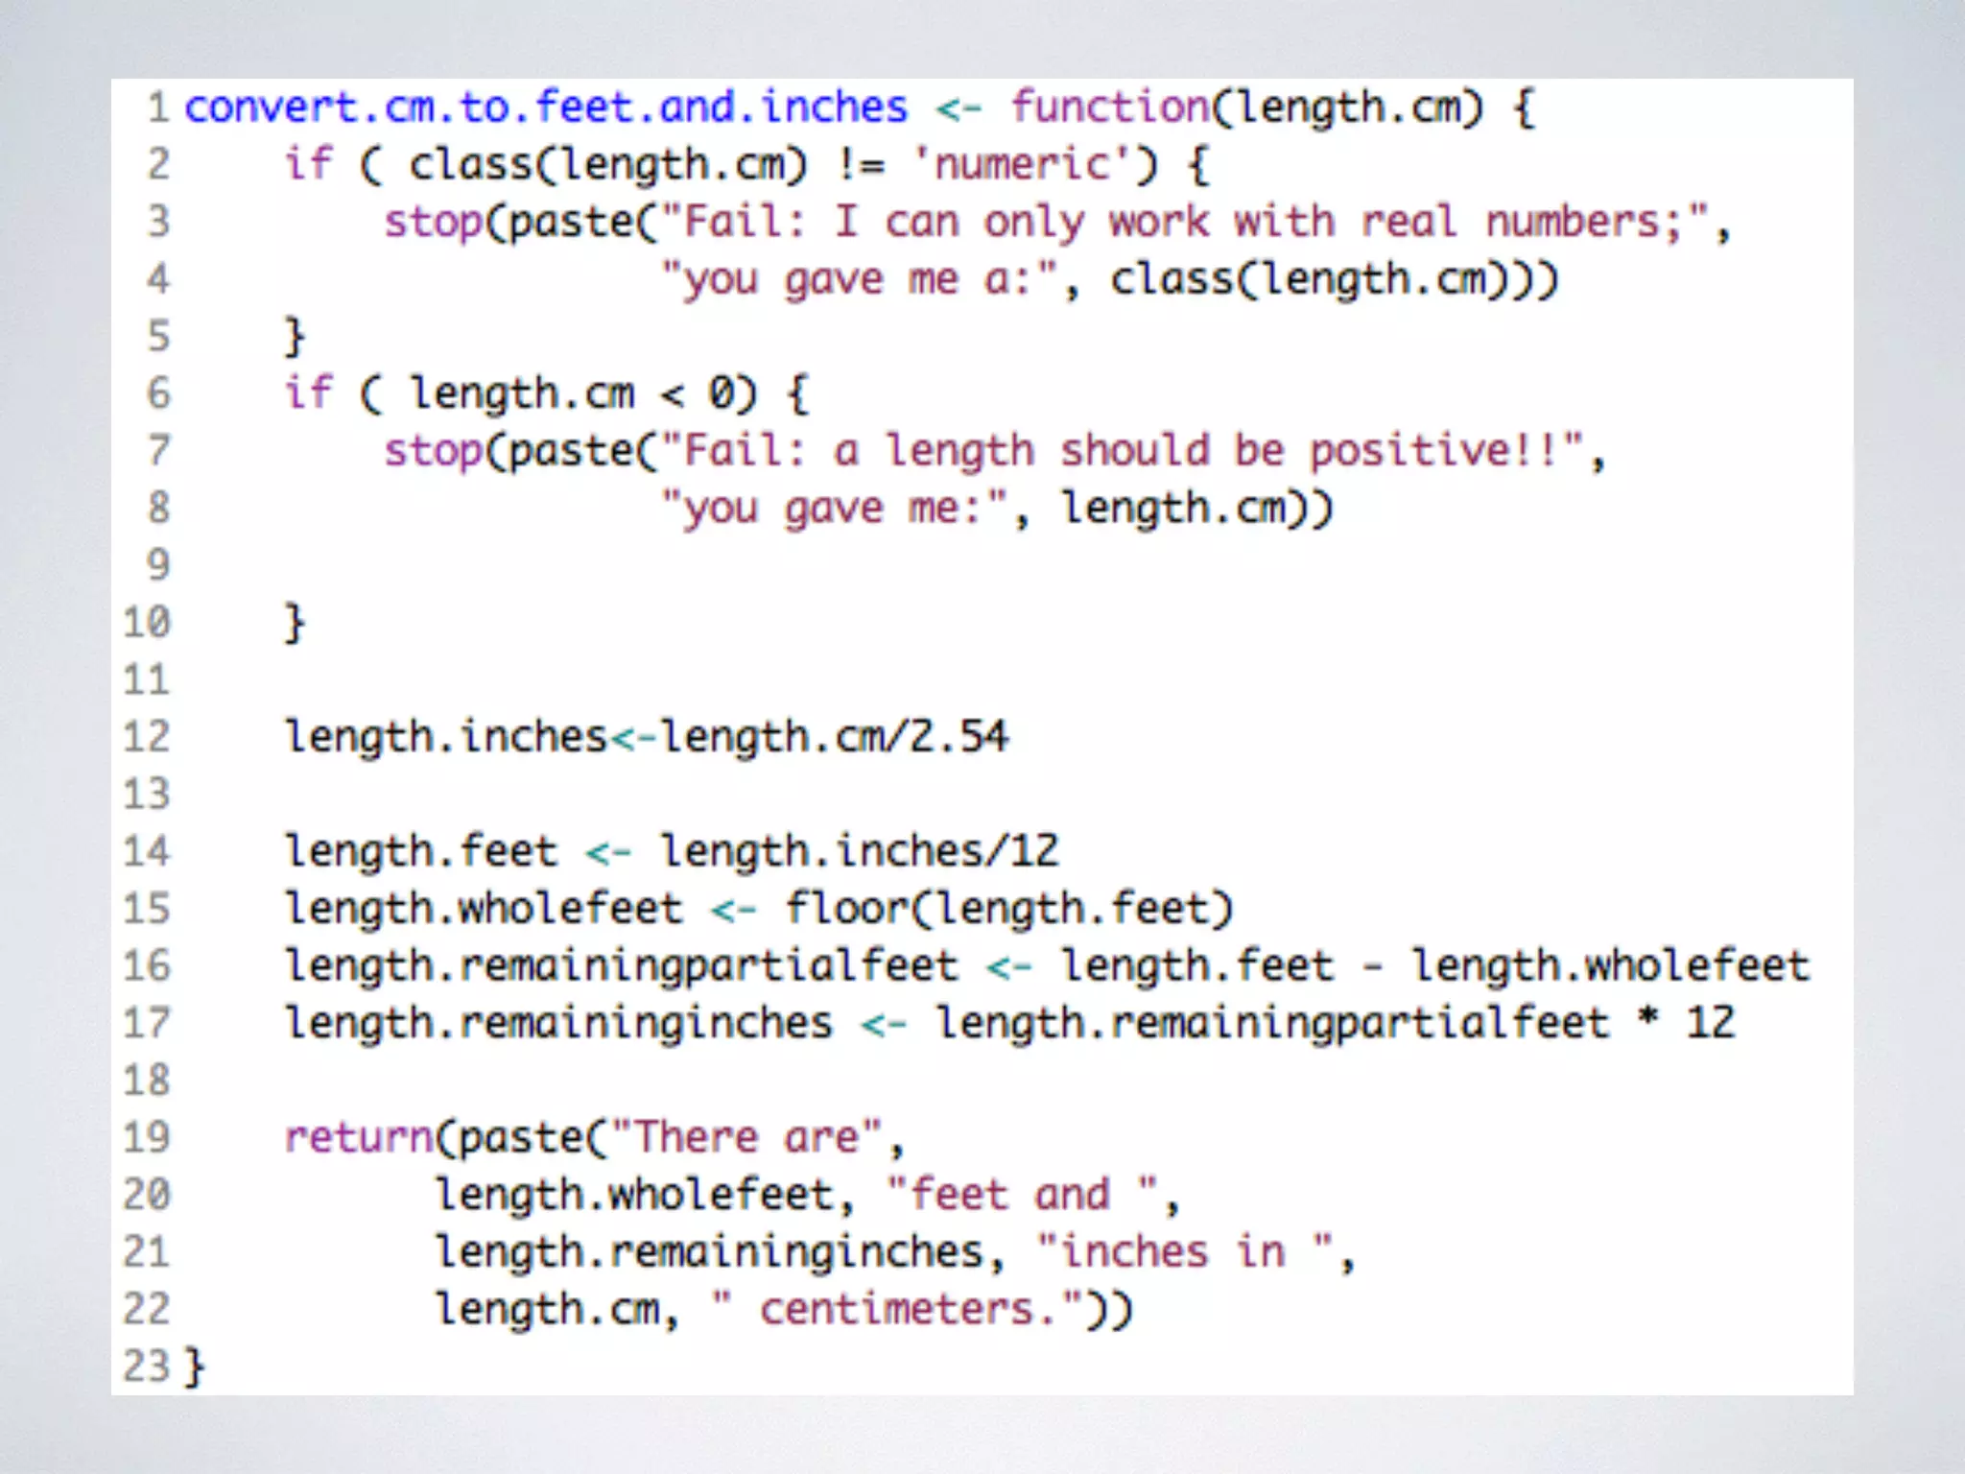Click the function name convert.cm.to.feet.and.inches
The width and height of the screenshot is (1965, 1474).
pos(545,107)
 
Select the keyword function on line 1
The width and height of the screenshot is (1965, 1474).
pos(1109,107)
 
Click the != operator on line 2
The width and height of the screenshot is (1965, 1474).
pos(861,165)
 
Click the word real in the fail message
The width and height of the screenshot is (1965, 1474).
pos(1409,223)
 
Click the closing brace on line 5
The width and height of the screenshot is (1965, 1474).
pos(295,337)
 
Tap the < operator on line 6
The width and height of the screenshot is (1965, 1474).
pos(673,394)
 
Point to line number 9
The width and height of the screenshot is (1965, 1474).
pos(158,565)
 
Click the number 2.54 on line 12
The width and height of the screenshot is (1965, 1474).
pos(959,737)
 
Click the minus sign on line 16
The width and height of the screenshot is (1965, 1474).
pos(1373,966)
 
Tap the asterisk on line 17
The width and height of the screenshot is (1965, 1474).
pos(1647,1021)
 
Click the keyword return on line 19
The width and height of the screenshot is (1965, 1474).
pos(359,1138)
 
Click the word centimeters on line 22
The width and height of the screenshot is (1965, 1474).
pos(896,1310)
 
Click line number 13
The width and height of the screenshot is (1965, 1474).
pos(147,795)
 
